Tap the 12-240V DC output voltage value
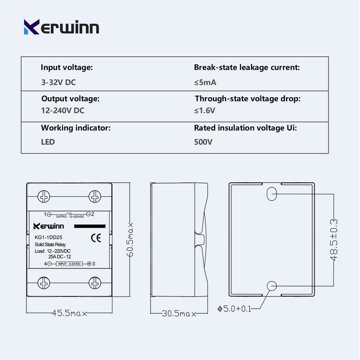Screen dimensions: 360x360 point(63,110)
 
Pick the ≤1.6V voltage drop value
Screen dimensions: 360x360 point(205,110)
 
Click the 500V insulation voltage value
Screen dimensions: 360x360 point(203,142)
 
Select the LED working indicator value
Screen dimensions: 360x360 point(48,142)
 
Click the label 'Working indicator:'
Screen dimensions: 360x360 point(76,128)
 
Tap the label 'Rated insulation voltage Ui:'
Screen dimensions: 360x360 point(245,128)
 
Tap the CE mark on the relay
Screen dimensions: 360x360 point(96,238)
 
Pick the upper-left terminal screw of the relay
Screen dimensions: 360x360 point(44,197)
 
